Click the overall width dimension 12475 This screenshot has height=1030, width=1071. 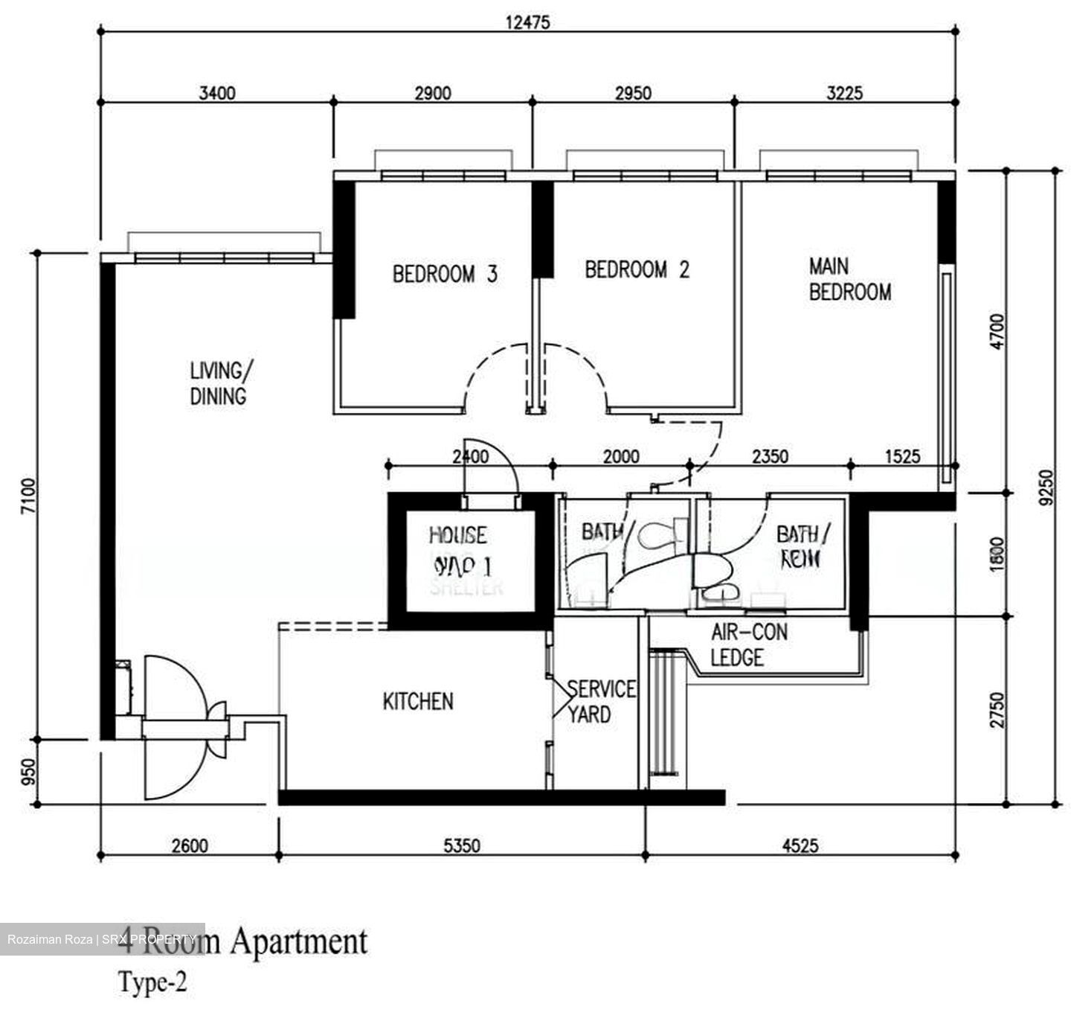(527, 22)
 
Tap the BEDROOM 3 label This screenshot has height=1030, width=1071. (445, 275)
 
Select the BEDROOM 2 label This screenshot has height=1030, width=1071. (637, 269)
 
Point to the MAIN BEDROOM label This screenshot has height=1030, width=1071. (849, 279)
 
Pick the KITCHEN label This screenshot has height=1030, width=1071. (417, 701)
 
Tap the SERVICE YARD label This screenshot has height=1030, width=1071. (600, 702)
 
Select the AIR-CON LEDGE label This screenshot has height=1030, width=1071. (748, 645)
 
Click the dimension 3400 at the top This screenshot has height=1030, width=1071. (217, 93)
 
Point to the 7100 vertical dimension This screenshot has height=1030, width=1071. (28, 496)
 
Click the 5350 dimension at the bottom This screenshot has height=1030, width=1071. (462, 845)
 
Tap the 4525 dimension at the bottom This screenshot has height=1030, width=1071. (800, 845)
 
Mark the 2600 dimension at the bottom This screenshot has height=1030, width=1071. (190, 845)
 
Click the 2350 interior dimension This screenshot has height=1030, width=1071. (770, 455)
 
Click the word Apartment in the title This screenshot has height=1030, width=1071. (298, 941)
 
